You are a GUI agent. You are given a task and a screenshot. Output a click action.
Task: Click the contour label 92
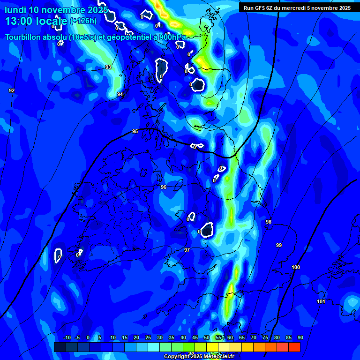pos(12,90)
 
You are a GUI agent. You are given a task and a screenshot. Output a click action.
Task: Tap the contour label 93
pos(108,67)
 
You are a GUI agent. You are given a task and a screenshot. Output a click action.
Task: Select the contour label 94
pos(120,94)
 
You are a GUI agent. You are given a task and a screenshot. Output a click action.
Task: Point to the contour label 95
pos(135,132)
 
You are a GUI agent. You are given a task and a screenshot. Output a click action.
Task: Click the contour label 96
pos(164,187)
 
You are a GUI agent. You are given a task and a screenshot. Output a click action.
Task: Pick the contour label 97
pos(187,250)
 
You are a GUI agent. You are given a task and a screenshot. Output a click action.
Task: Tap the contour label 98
pos(269,222)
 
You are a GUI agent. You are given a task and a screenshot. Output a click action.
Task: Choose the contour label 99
pos(279,245)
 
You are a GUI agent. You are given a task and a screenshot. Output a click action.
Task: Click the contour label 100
pos(296,267)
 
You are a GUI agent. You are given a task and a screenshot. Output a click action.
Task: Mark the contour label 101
pos(321,301)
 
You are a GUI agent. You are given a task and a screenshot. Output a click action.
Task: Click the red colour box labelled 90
pos(294,347)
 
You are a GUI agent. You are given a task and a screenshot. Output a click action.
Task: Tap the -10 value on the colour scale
pos(67,338)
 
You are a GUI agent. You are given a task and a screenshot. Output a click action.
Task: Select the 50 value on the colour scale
pos(207,338)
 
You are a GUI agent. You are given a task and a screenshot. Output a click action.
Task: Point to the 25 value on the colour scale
pos(148,338)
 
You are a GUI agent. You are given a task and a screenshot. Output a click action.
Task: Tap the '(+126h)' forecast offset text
pos(83,21)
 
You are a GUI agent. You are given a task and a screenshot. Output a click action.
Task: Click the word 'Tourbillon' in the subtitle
pos(25,37)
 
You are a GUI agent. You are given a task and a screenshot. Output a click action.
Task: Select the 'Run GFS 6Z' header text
pos(260,8)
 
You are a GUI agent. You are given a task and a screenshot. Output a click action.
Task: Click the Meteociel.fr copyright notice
pos(199,356)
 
